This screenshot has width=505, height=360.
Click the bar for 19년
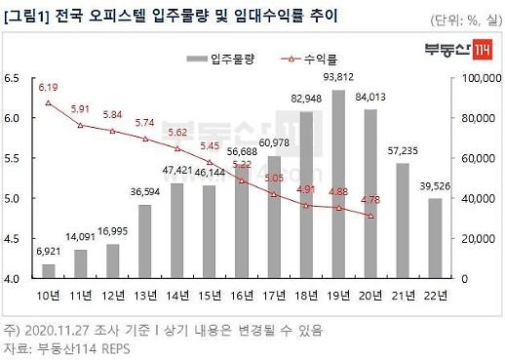point(338,185)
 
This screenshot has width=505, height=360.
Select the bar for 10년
point(49,271)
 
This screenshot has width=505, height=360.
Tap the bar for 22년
point(435,239)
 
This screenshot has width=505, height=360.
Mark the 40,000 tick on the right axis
point(477,199)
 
